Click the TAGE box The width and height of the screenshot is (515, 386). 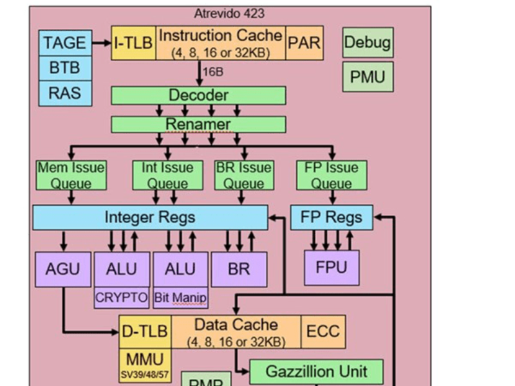pyautogui.click(x=64, y=42)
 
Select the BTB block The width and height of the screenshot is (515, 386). pyautogui.click(x=64, y=68)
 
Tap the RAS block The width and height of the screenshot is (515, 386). pyautogui.click(x=64, y=93)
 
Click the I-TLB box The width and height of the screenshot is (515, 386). pyautogui.click(x=133, y=43)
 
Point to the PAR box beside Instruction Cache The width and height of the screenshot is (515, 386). pyautogui.click(x=304, y=43)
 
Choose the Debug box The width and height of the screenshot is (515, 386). pyautogui.click(x=368, y=42)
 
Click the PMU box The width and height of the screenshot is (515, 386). pyautogui.click(x=368, y=77)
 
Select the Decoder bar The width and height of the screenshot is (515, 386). pyautogui.click(x=198, y=95)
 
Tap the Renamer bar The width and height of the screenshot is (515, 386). pyautogui.click(x=198, y=124)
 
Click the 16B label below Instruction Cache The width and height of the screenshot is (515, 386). pyautogui.click(x=213, y=72)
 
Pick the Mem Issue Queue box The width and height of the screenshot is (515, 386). pyautogui.click(x=71, y=175)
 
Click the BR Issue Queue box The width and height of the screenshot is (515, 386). pyautogui.click(x=243, y=175)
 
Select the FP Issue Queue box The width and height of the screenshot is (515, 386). pyautogui.click(x=332, y=175)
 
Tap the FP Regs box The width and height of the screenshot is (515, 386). pyautogui.click(x=332, y=217)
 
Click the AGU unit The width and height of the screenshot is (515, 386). pyautogui.click(x=63, y=268)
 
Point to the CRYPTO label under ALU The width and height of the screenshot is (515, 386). pyautogui.click(x=122, y=298)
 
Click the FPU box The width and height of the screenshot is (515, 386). pyautogui.click(x=332, y=268)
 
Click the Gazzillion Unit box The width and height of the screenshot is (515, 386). pyautogui.click(x=316, y=371)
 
